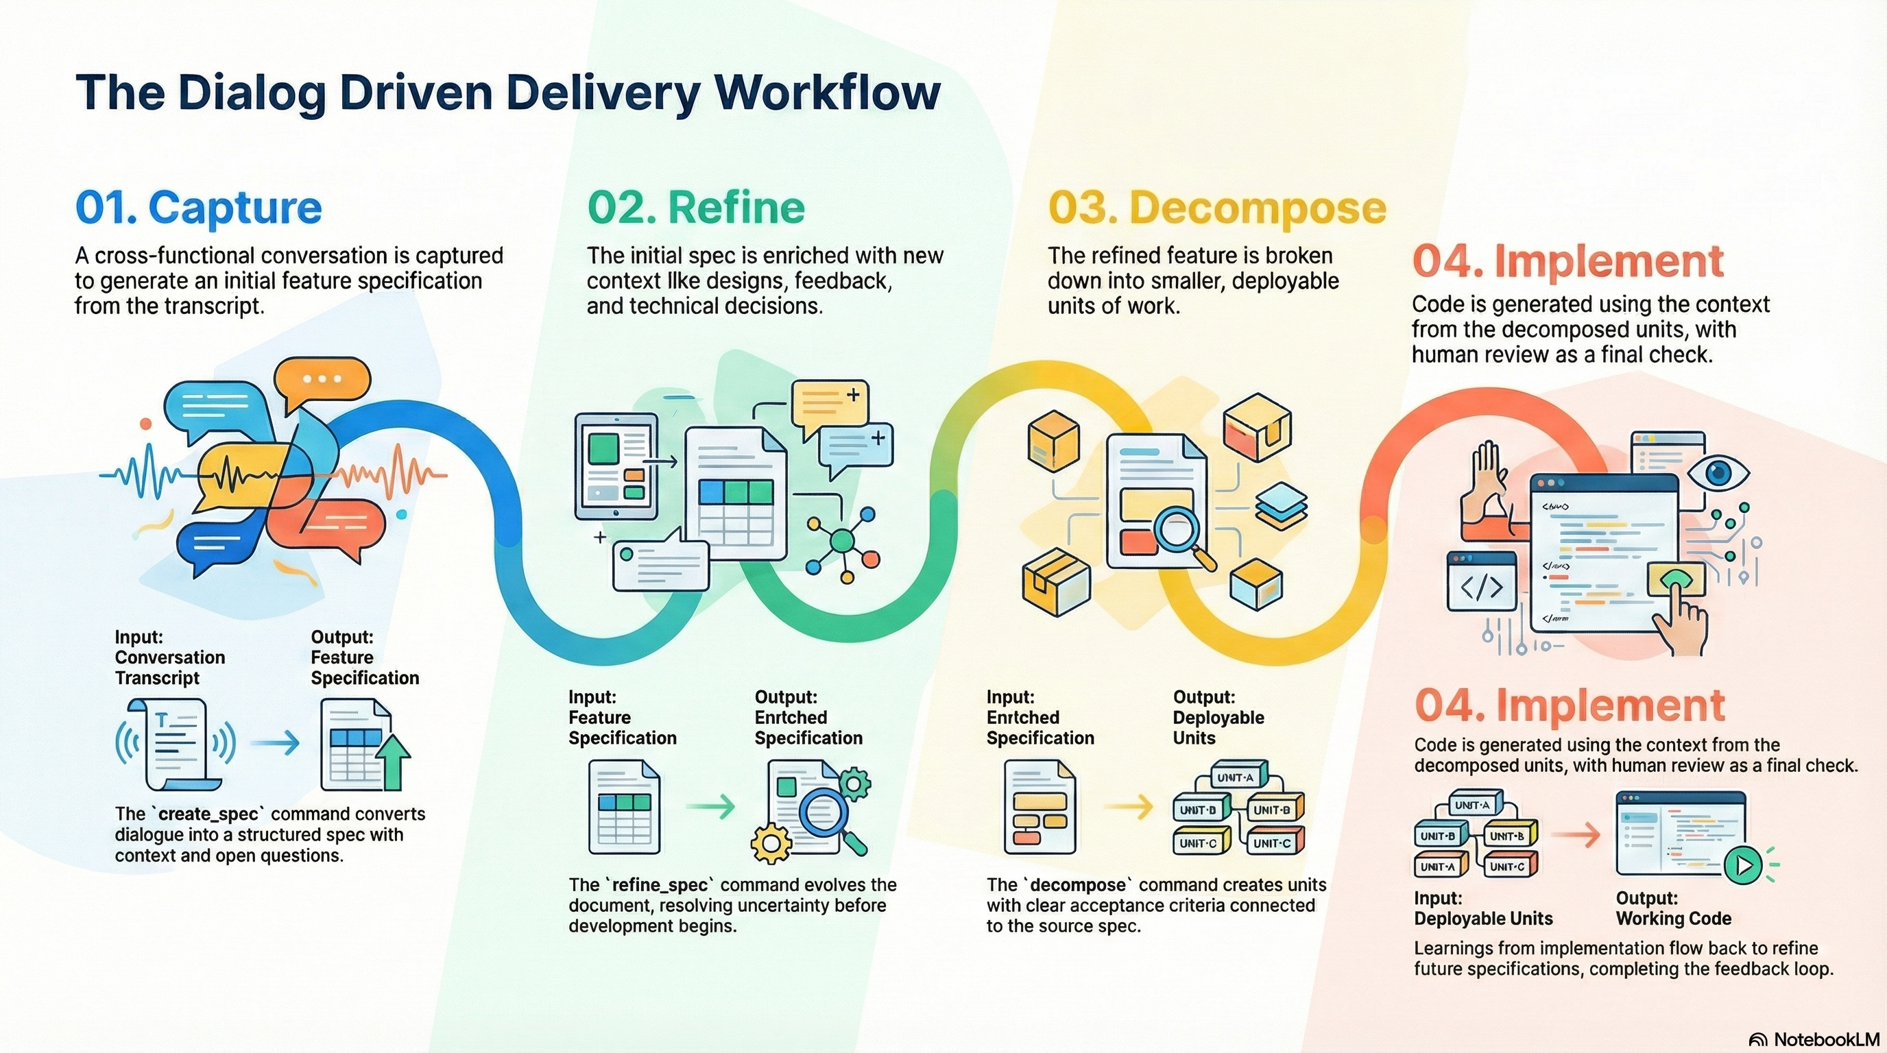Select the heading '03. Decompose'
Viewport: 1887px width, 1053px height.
1216,208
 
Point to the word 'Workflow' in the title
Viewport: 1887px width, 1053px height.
827,94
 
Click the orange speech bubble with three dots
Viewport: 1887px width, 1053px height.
322,380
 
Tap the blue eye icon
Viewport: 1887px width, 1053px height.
1718,472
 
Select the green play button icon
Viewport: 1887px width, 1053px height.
1743,866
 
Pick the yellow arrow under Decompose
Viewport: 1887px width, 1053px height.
1128,807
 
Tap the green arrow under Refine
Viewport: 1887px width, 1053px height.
710,807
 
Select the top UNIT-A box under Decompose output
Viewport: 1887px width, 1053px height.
1235,777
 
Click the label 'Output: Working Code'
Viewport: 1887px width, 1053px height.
1673,908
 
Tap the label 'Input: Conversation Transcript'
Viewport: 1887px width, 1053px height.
169,657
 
